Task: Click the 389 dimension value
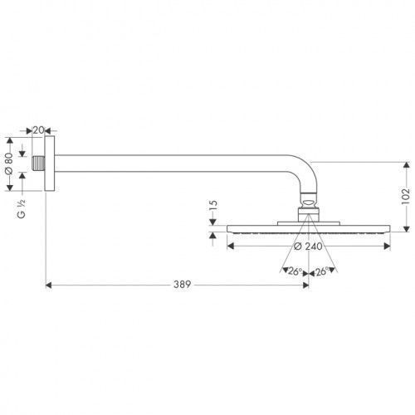pyautogui.click(x=182, y=284)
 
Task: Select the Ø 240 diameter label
pyautogui.click(x=308, y=247)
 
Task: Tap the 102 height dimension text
pyautogui.click(x=405, y=196)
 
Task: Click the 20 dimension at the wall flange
pyautogui.click(x=38, y=129)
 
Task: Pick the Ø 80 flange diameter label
pyautogui.click(x=9, y=164)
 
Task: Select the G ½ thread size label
pyautogui.click(x=22, y=208)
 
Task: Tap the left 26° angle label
pyautogui.click(x=295, y=271)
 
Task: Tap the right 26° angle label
pyautogui.click(x=321, y=271)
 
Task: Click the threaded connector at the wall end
pyautogui.click(x=38, y=164)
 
